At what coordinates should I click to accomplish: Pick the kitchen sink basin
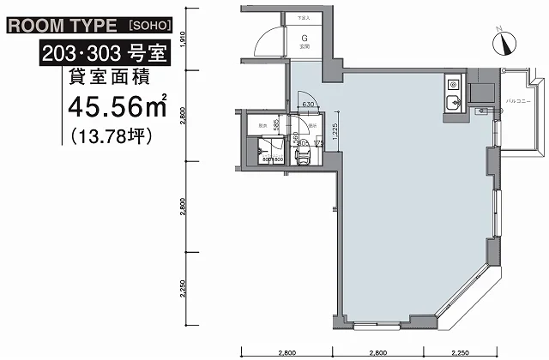tap(453, 105)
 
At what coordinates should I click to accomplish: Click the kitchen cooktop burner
tap(452, 86)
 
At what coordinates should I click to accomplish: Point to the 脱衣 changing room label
tap(262, 126)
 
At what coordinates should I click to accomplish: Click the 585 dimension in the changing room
tap(276, 125)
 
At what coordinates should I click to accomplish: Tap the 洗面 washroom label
tap(313, 126)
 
